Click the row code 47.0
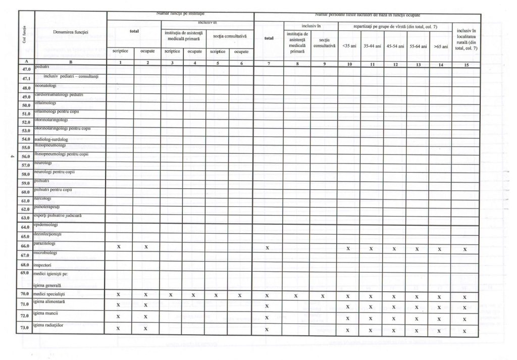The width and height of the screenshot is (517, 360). pyautogui.click(x=27, y=69)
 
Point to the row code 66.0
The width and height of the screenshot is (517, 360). pyautogui.click(x=27, y=246)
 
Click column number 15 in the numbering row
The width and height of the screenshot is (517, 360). pyautogui.click(x=466, y=64)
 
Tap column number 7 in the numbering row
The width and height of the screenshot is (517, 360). pyautogui.click(x=268, y=64)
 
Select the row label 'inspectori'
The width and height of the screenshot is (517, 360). pyautogui.click(x=44, y=264)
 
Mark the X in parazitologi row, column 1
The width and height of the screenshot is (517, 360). pyautogui.click(x=119, y=246)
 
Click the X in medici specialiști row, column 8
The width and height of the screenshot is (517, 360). pyautogui.click(x=296, y=295)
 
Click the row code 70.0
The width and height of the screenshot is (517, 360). pyautogui.click(x=27, y=294)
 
